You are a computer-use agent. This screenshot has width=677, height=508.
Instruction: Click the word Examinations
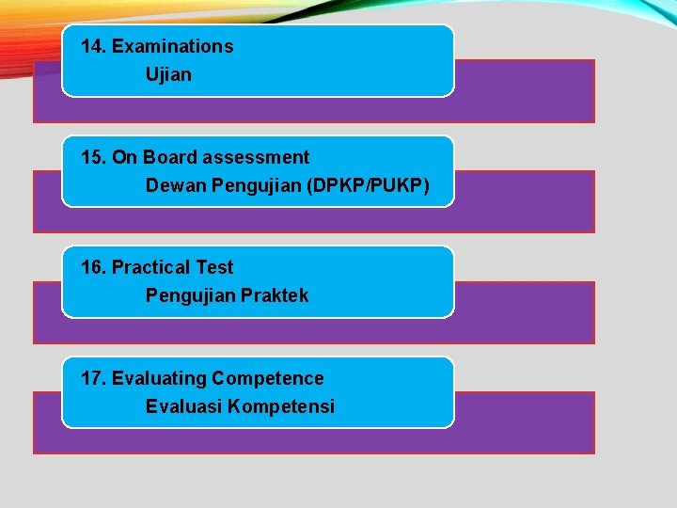(173, 46)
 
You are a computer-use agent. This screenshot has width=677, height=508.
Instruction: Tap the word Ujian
(168, 74)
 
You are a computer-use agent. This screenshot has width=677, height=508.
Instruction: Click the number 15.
(94, 157)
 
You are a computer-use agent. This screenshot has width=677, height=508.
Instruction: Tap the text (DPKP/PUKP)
(368, 185)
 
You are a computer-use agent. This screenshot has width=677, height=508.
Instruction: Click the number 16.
(94, 267)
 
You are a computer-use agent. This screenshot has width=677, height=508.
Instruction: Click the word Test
(214, 267)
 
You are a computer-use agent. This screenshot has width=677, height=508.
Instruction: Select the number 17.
(94, 378)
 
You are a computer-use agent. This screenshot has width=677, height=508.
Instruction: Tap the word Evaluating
(159, 378)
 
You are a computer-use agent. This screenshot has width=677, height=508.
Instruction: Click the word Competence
(268, 378)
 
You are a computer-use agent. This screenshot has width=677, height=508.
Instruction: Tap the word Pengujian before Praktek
(191, 295)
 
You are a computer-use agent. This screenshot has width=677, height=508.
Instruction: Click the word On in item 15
(124, 157)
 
